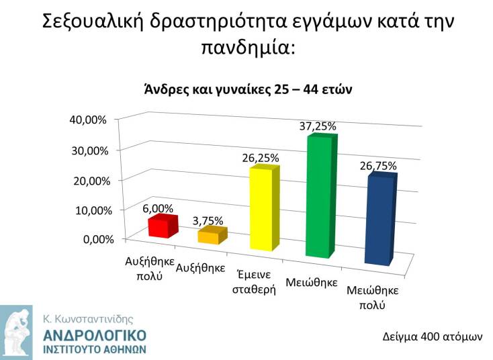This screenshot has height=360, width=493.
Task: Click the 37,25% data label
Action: [x=318, y=126]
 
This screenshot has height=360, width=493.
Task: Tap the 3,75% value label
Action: [x=208, y=220]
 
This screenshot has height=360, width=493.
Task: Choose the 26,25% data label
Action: [x=260, y=158]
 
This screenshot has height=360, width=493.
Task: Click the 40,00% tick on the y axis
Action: [x=88, y=120]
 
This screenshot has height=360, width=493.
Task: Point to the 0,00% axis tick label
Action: [x=92, y=239]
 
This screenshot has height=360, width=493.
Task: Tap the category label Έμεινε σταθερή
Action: [x=254, y=283]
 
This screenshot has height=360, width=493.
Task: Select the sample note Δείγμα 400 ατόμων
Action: [x=433, y=335]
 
